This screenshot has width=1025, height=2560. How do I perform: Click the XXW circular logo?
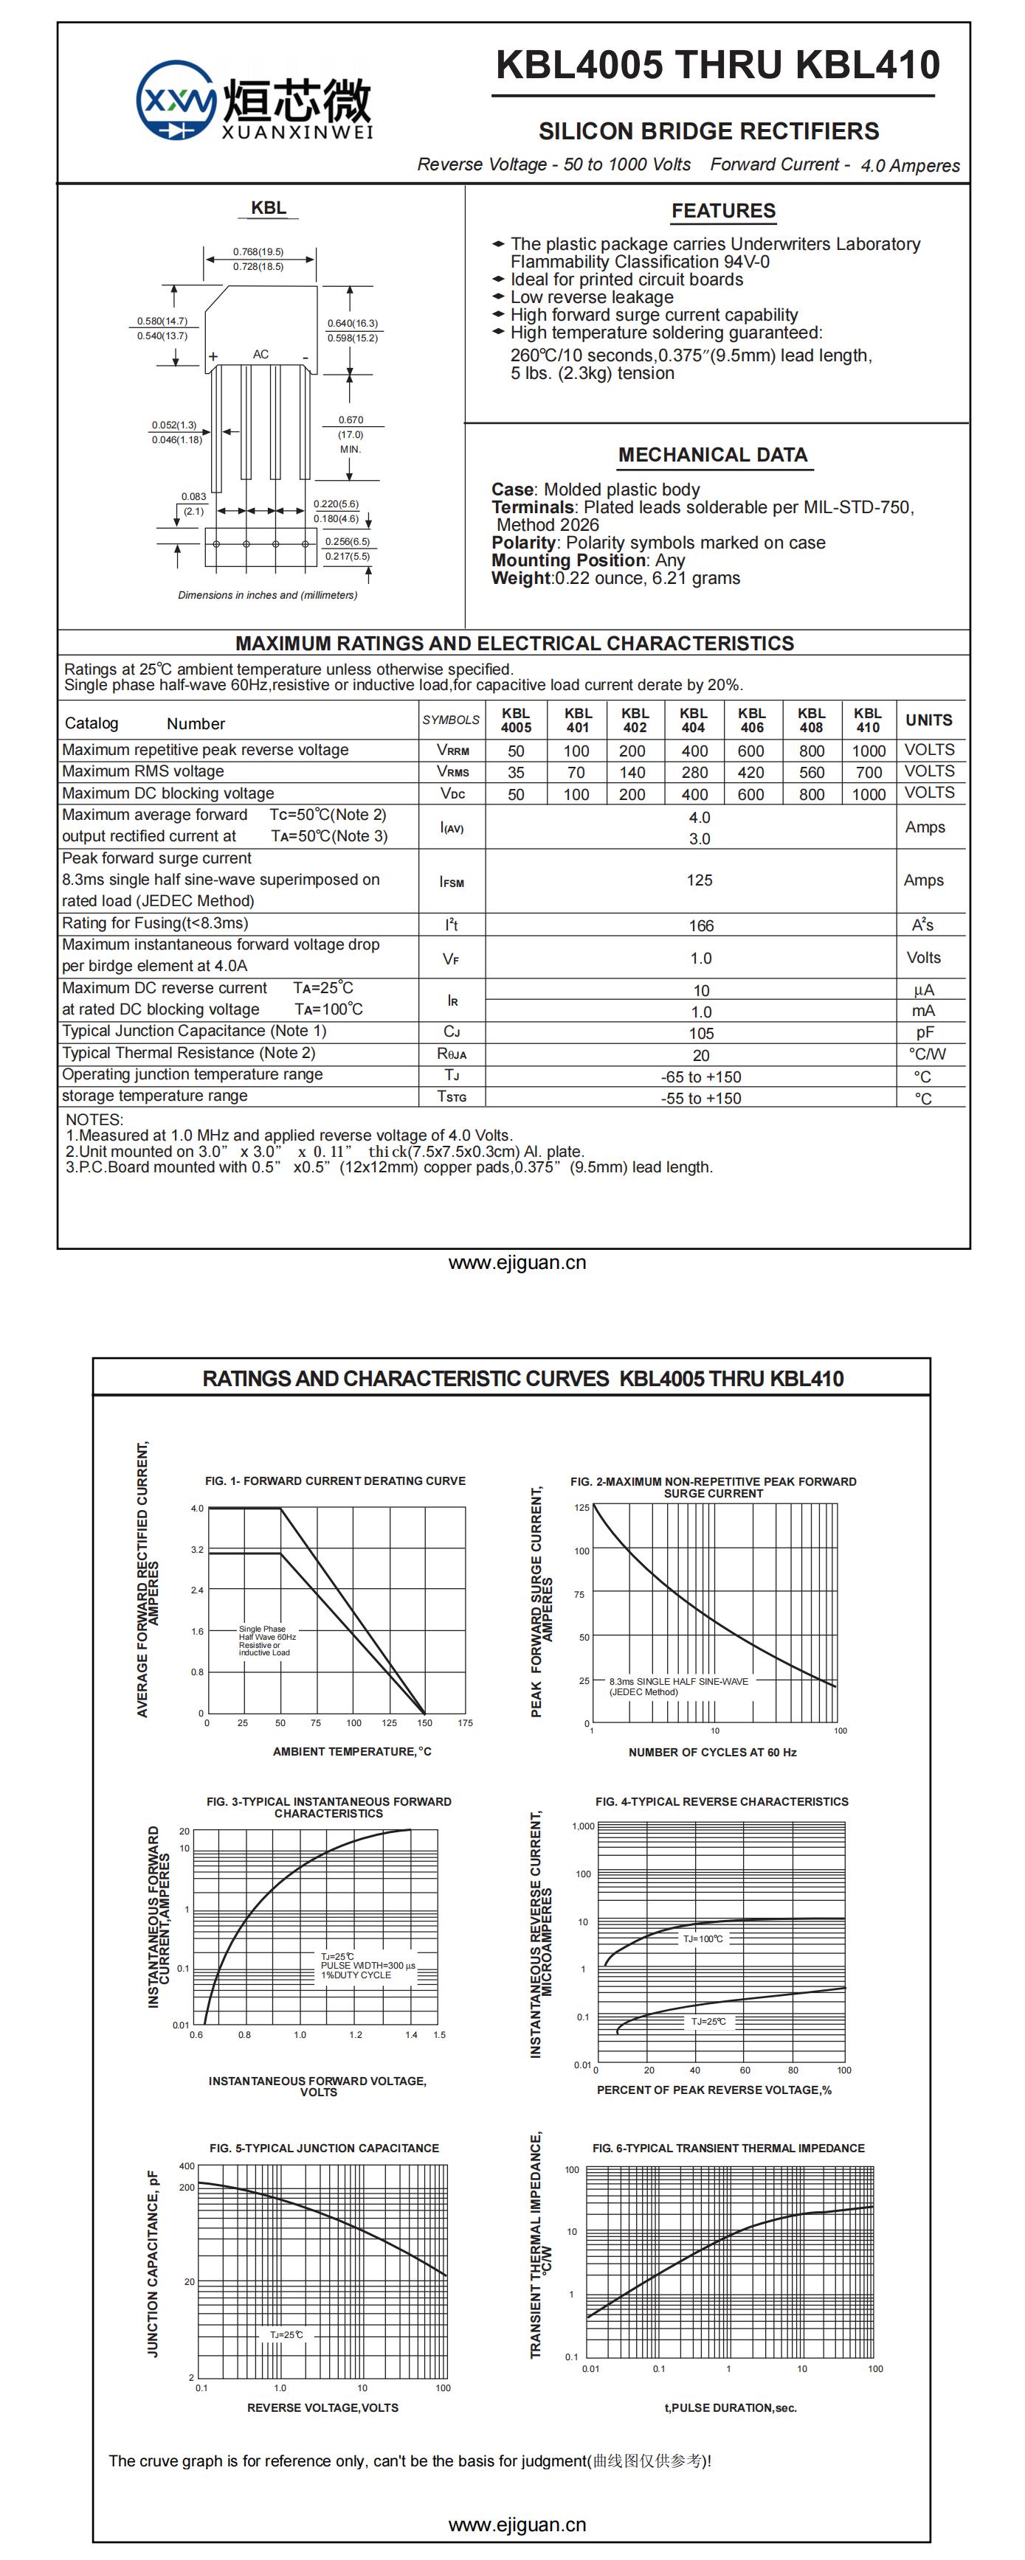(x=176, y=100)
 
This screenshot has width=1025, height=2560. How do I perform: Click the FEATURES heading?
(x=722, y=211)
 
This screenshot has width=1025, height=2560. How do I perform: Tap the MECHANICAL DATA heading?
(x=712, y=455)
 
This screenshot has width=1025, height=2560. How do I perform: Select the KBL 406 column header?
(x=752, y=720)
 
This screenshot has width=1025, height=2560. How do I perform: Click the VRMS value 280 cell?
(x=694, y=772)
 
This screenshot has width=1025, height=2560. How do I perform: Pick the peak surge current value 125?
(x=699, y=880)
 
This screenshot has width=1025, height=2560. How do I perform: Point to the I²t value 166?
(x=701, y=925)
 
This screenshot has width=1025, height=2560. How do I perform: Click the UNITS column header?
(x=928, y=720)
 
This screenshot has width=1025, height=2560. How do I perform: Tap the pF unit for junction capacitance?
(x=925, y=1032)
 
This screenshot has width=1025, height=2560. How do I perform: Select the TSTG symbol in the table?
(x=452, y=1096)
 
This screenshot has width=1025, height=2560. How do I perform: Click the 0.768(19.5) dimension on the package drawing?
(x=258, y=251)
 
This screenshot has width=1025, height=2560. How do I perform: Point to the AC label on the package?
(x=260, y=354)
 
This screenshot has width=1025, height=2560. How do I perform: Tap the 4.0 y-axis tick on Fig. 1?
(x=197, y=1509)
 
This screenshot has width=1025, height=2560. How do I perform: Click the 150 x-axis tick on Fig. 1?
(x=424, y=1722)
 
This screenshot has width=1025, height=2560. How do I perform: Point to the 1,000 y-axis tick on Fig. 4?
(x=582, y=1826)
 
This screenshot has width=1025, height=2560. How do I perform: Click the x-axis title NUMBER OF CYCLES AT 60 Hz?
(x=712, y=1752)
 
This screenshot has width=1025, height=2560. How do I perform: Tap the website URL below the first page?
(x=517, y=1263)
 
